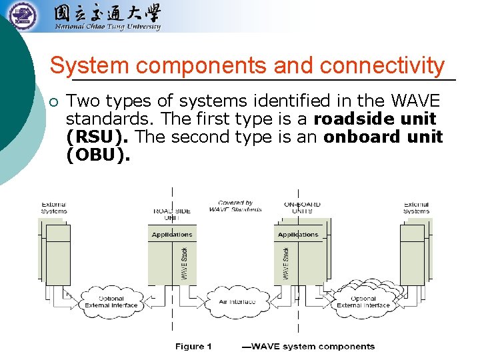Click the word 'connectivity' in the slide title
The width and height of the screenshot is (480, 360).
[382, 66]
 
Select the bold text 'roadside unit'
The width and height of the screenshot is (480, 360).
[375, 119]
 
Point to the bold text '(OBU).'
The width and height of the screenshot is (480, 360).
[99, 155]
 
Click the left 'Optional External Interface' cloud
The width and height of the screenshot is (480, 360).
[111, 302]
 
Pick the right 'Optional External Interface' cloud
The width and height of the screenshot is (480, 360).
[363, 302]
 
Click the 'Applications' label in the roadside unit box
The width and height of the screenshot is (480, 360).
[172, 235]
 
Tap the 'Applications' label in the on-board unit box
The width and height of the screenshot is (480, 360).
[298, 235]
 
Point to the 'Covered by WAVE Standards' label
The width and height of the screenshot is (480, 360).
[235, 206]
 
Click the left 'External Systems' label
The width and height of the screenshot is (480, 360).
[54, 208]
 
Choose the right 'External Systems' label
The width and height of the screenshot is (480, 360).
[416, 208]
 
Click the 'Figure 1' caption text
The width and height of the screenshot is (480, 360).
[193, 347]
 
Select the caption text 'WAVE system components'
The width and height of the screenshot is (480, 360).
[312, 347]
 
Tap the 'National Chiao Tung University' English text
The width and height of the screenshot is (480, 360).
[107, 27]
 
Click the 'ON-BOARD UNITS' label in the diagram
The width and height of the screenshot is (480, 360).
[302, 208]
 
